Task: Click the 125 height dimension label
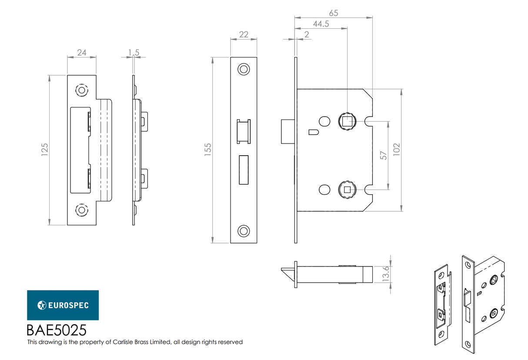coord(44,150)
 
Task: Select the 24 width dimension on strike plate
coord(81,53)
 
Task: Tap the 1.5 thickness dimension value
coord(134,53)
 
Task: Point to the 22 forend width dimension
coord(244,34)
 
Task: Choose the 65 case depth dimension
coord(333,13)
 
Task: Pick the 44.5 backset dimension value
coord(320,24)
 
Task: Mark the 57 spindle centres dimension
coord(383,155)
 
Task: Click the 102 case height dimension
coord(396,150)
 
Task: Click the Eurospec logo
coord(63,305)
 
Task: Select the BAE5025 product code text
coord(57,330)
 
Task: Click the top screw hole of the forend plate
coord(244,69)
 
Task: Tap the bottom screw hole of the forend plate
coord(244,231)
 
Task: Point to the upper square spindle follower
coord(347,121)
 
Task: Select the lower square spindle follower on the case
coord(347,189)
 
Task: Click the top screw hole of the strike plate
coord(81,90)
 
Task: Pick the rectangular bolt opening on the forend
coord(243,170)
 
